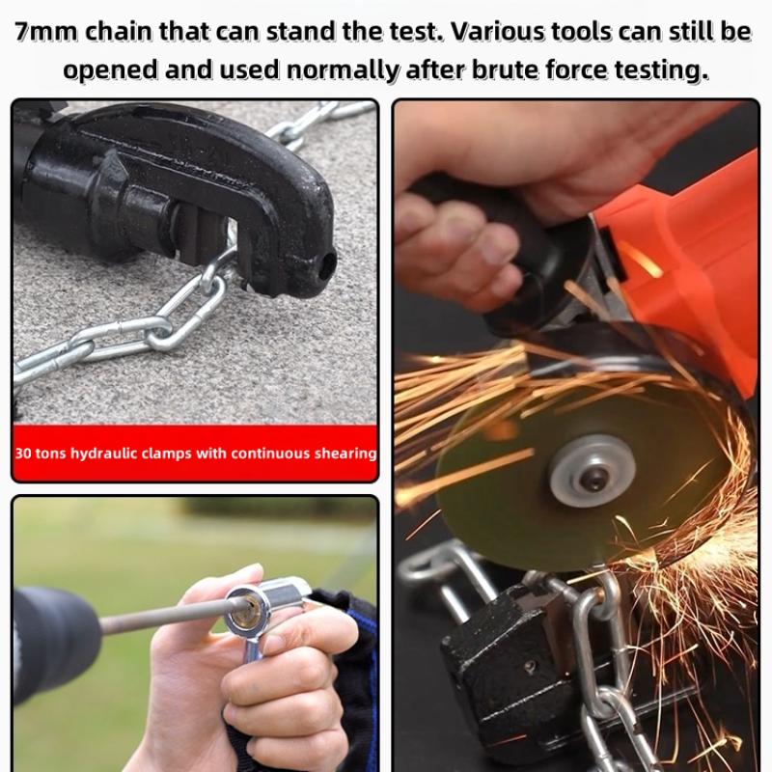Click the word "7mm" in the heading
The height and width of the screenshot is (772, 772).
click(x=47, y=32)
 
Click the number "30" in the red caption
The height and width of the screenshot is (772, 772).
click(x=25, y=453)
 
